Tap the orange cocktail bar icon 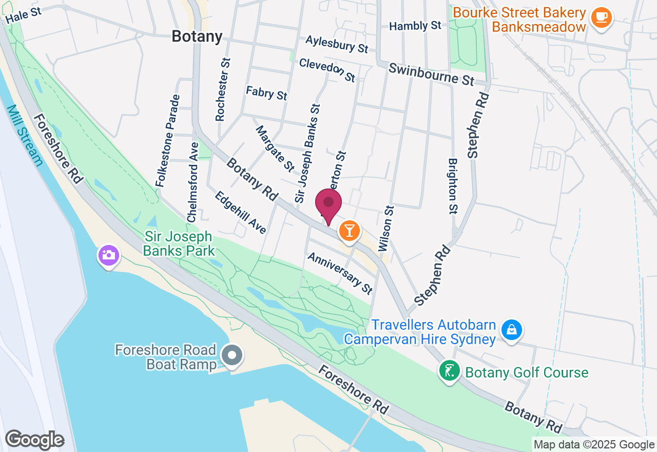point(350,231)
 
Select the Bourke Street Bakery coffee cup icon point(601,18)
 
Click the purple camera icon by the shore point(108,255)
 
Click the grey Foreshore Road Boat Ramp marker point(232,355)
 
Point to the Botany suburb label point(197,36)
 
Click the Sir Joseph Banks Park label point(178,243)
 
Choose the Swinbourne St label point(431,74)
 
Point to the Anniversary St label point(339,273)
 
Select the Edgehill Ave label point(241,213)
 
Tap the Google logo point(34,440)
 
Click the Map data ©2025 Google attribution point(594,445)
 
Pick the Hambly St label point(415,26)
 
